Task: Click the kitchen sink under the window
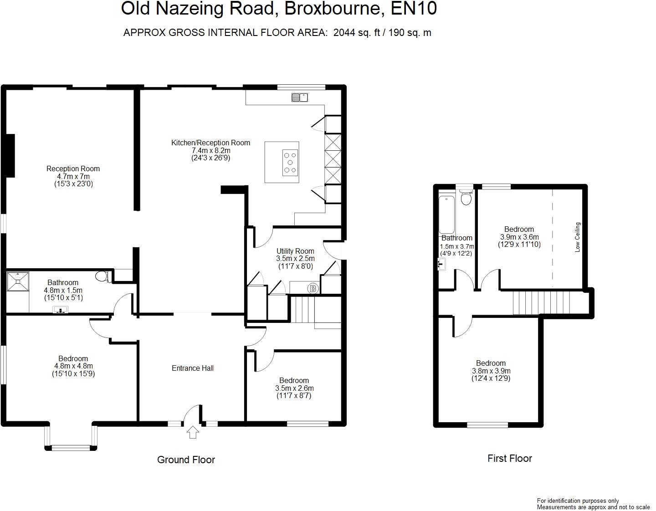pos(300,97)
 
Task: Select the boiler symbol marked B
pos(313,288)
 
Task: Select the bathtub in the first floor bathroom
pos(446,214)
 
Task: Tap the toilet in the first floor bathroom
pos(466,198)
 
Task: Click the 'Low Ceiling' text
pos(578,237)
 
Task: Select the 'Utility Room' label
pos(295,251)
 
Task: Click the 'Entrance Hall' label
pos(193,368)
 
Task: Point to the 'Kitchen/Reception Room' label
pos(210,143)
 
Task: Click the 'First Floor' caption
pos(509,458)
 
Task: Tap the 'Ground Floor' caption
pos(186,460)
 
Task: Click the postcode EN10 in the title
pos(414,9)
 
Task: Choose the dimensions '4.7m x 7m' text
pos(73,176)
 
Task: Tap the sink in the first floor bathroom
pos(441,264)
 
